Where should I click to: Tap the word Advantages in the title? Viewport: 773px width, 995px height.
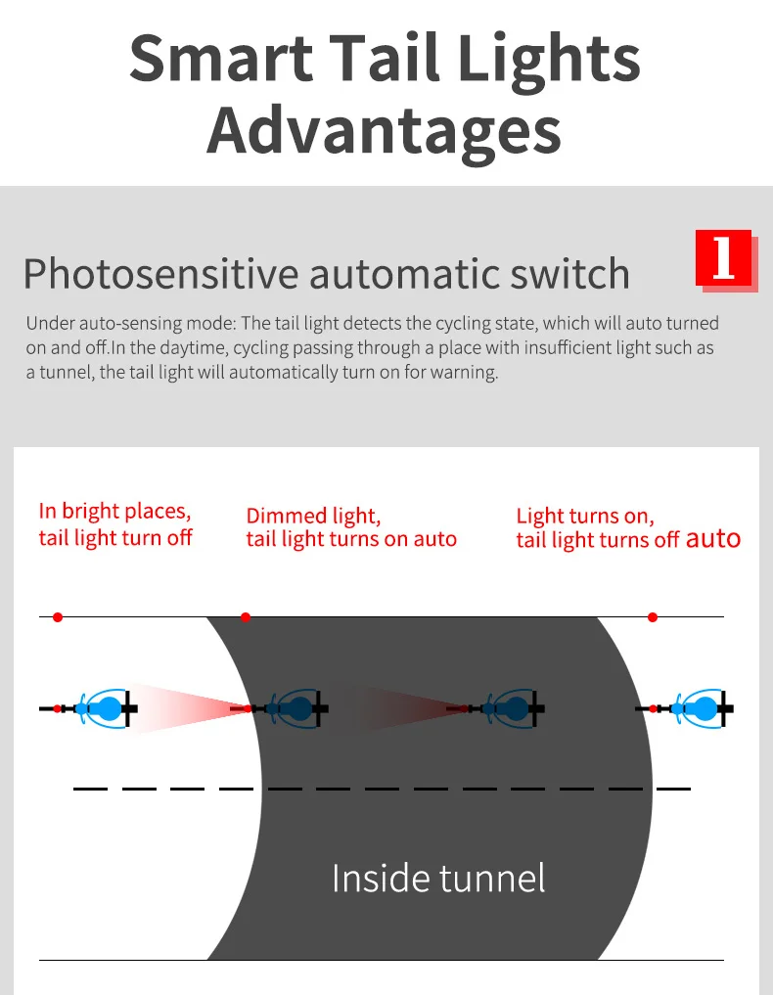point(385,132)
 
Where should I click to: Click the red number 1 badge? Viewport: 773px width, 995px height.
point(723,258)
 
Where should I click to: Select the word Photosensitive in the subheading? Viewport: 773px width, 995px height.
point(159,274)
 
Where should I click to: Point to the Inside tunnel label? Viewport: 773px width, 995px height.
point(438,878)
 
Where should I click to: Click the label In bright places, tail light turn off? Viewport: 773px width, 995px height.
point(115,524)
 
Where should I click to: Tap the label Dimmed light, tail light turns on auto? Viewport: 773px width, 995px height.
point(351,527)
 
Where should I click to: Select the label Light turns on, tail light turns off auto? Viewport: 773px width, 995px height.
point(628,527)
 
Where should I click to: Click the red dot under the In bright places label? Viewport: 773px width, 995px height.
point(58,617)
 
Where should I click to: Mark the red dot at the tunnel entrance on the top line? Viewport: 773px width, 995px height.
point(246,617)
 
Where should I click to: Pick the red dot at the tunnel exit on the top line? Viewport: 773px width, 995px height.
point(653,617)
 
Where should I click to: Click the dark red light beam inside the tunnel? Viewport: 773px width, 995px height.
point(401,707)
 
